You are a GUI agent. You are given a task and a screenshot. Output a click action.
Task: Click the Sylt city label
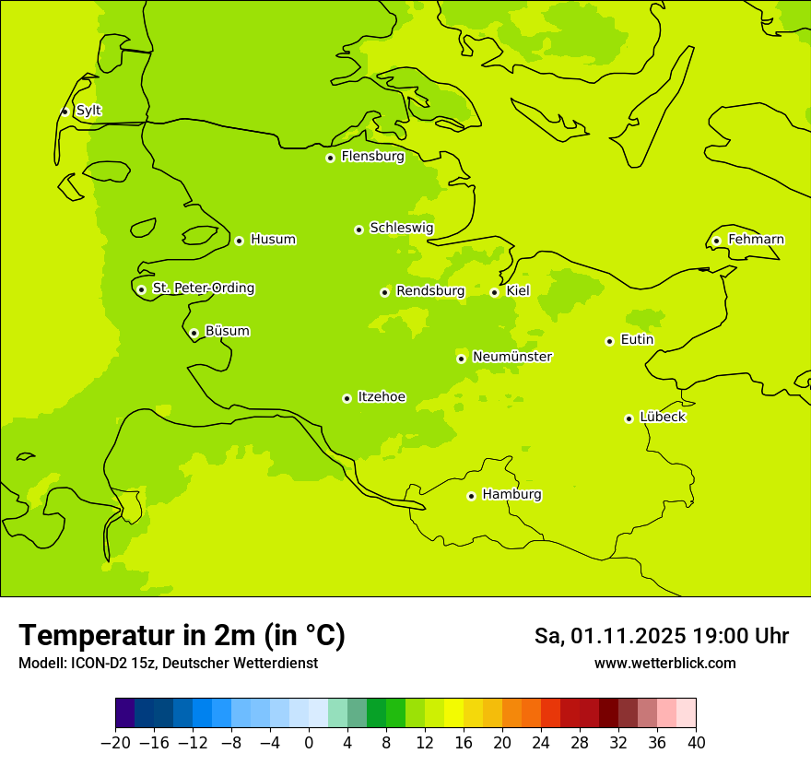88,111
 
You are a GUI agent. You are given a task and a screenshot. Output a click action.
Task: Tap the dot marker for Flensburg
330,158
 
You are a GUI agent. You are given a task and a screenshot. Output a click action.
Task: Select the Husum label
273,240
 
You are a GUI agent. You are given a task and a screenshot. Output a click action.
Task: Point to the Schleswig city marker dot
358,229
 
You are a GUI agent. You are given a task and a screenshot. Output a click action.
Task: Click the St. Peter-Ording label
204,288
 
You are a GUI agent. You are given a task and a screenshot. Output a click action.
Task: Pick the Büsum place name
227,331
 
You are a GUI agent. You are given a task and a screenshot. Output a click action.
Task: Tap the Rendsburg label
430,291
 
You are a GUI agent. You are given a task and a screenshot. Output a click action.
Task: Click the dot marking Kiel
494,292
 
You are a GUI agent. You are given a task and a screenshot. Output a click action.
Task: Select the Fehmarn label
756,240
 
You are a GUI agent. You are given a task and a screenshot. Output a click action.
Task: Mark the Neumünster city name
512,357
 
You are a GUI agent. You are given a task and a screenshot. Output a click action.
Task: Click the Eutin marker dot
609,341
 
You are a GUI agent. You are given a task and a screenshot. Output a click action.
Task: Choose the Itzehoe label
382,397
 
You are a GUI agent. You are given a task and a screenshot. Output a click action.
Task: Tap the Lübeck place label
663,418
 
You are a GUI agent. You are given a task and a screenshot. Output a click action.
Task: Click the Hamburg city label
511,495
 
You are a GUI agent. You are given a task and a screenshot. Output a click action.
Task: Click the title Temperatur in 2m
182,635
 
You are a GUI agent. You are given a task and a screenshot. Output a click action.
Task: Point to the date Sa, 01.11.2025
609,636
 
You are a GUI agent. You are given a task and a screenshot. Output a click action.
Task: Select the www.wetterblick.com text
664,664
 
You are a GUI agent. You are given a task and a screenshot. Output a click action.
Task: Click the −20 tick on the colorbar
116,743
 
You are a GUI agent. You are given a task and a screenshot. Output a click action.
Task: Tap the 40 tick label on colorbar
696,743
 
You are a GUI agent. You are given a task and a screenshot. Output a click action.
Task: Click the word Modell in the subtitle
41,664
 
